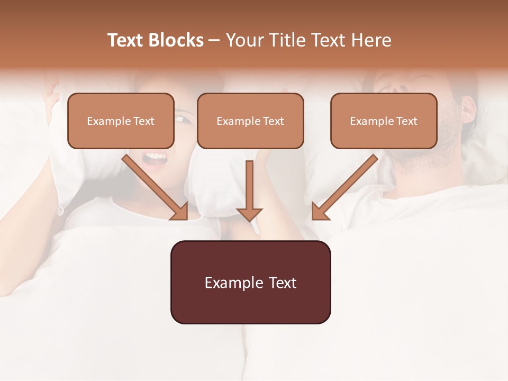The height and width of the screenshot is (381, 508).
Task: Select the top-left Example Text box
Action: coord(121,121)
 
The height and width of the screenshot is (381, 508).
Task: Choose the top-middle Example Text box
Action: coord(250,121)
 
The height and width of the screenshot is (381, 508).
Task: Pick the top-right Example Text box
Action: coord(384,121)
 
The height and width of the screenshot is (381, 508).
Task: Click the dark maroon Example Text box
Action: coord(250,283)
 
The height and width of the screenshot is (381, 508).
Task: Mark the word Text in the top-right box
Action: coord(407,121)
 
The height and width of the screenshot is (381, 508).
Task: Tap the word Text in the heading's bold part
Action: coord(125,40)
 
